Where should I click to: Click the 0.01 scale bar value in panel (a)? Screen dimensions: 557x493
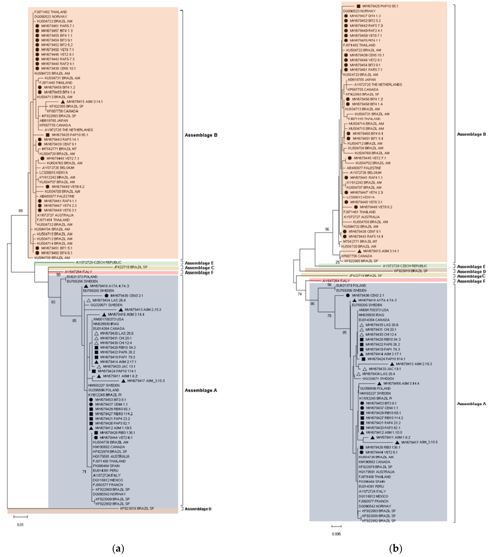(20, 525)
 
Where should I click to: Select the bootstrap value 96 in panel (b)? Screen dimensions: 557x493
(327, 229)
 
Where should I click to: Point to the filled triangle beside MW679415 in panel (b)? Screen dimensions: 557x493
(359, 251)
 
